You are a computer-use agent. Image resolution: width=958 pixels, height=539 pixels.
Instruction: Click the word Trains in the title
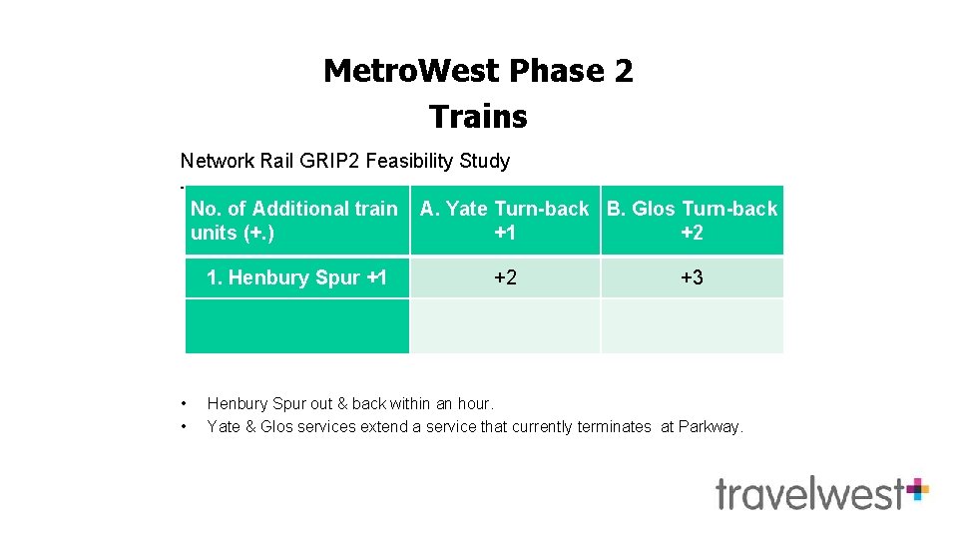click(x=478, y=117)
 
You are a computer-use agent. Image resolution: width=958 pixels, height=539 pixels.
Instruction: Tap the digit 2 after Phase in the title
click(x=623, y=71)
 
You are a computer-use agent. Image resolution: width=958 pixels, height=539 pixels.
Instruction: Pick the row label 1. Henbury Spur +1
click(x=296, y=277)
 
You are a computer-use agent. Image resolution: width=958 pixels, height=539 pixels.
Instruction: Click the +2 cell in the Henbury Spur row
click(x=505, y=277)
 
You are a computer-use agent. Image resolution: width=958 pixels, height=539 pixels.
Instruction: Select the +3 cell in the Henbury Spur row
click(x=692, y=277)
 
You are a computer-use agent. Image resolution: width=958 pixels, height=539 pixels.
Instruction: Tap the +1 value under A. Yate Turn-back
click(x=505, y=233)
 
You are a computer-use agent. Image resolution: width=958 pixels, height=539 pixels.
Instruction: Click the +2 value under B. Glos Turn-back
click(x=692, y=233)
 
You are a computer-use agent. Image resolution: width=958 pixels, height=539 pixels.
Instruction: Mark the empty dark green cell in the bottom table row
click(x=296, y=325)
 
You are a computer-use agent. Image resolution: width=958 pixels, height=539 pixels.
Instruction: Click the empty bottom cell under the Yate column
click(x=505, y=325)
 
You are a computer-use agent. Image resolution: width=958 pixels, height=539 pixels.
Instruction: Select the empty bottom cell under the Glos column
click(x=692, y=325)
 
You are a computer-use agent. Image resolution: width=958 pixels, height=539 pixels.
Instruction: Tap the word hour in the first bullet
click(x=473, y=403)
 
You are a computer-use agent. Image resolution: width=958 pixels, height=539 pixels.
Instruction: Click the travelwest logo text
click(x=808, y=493)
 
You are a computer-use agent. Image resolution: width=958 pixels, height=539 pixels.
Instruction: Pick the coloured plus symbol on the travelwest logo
click(x=917, y=488)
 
